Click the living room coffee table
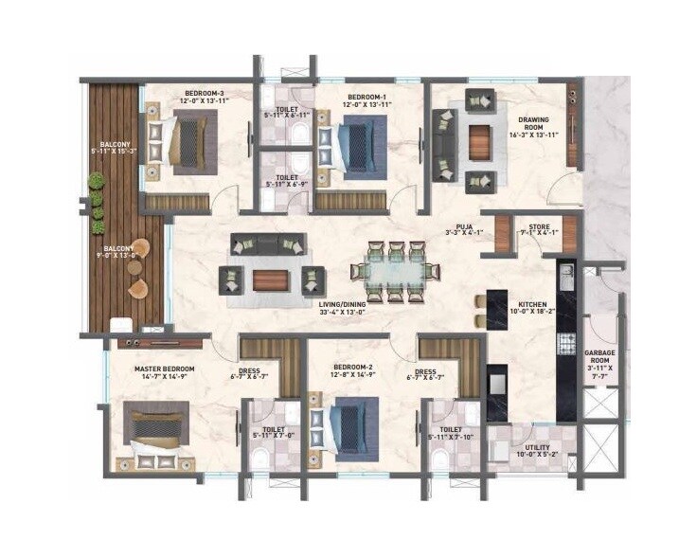[x=271, y=279]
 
